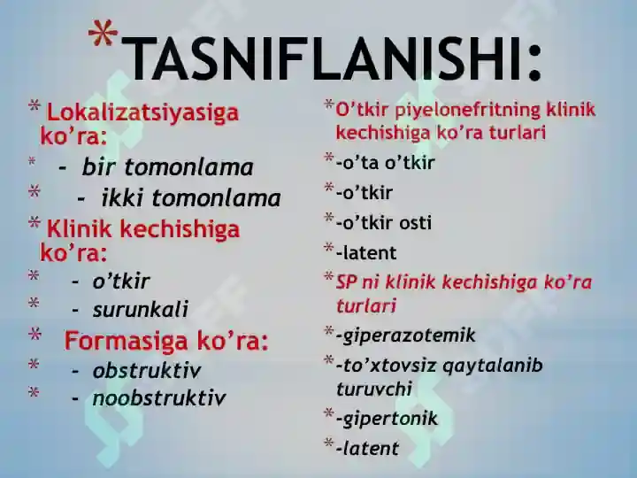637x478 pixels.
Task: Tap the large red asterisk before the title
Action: coord(103,33)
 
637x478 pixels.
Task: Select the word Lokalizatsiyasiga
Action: coord(142,113)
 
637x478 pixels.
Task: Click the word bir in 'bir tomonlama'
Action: coord(99,167)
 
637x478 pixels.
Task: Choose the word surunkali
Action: coord(140,309)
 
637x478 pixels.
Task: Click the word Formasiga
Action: coord(126,341)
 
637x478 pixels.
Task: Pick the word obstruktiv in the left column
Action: coord(147,370)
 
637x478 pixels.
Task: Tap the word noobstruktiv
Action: coord(159,398)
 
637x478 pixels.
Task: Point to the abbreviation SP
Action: coord(346,282)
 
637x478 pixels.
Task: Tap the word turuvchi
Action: coord(374,389)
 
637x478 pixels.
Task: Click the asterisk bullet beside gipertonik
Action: coord(329,413)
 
